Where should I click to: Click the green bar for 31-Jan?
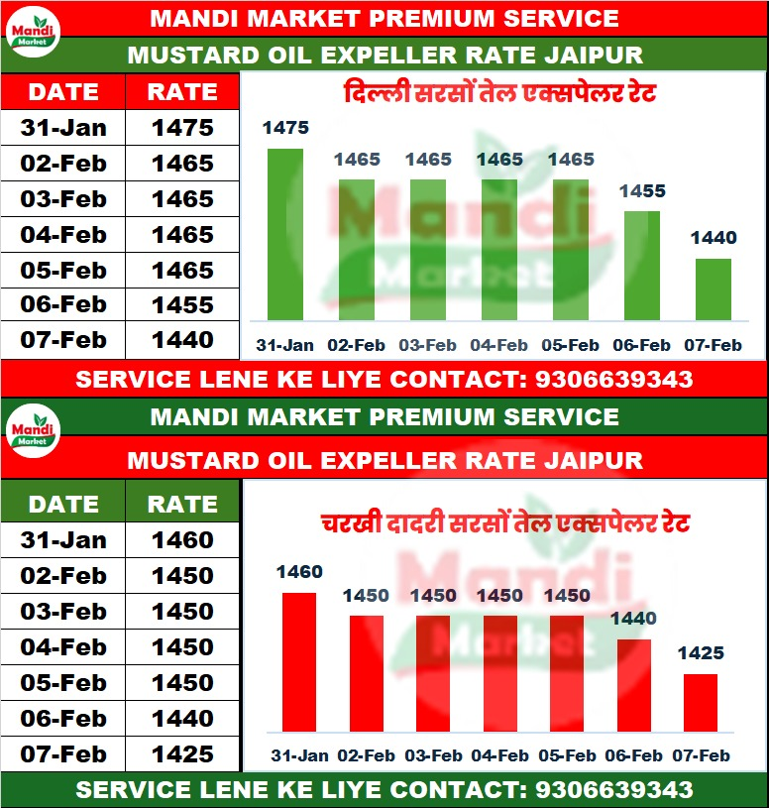(x=285, y=235)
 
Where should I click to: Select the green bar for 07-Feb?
(x=713, y=289)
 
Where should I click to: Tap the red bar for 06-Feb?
(x=634, y=686)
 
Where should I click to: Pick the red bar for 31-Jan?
(x=299, y=662)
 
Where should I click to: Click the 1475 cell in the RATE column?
(x=182, y=128)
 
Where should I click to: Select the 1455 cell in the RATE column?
(x=182, y=305)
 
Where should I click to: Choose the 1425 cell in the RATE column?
(x=182, y=753)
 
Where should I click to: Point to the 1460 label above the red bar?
(x=299, y=572)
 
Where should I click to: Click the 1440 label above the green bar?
(x=714, y=238)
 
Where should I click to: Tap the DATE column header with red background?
(x=62, y=92)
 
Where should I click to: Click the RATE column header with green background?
(x=182, y=504)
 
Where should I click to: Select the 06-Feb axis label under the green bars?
(x=641, y=346)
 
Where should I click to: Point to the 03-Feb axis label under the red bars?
(x=433, y=755)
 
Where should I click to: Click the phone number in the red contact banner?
(x=613, y=379)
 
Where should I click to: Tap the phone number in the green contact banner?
(x=613, y=790)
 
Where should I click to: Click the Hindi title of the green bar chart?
(x=499, y=96)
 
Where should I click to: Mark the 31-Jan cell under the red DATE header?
(x=62, y=128)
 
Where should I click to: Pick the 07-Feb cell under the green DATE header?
(x=62, y=753)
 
